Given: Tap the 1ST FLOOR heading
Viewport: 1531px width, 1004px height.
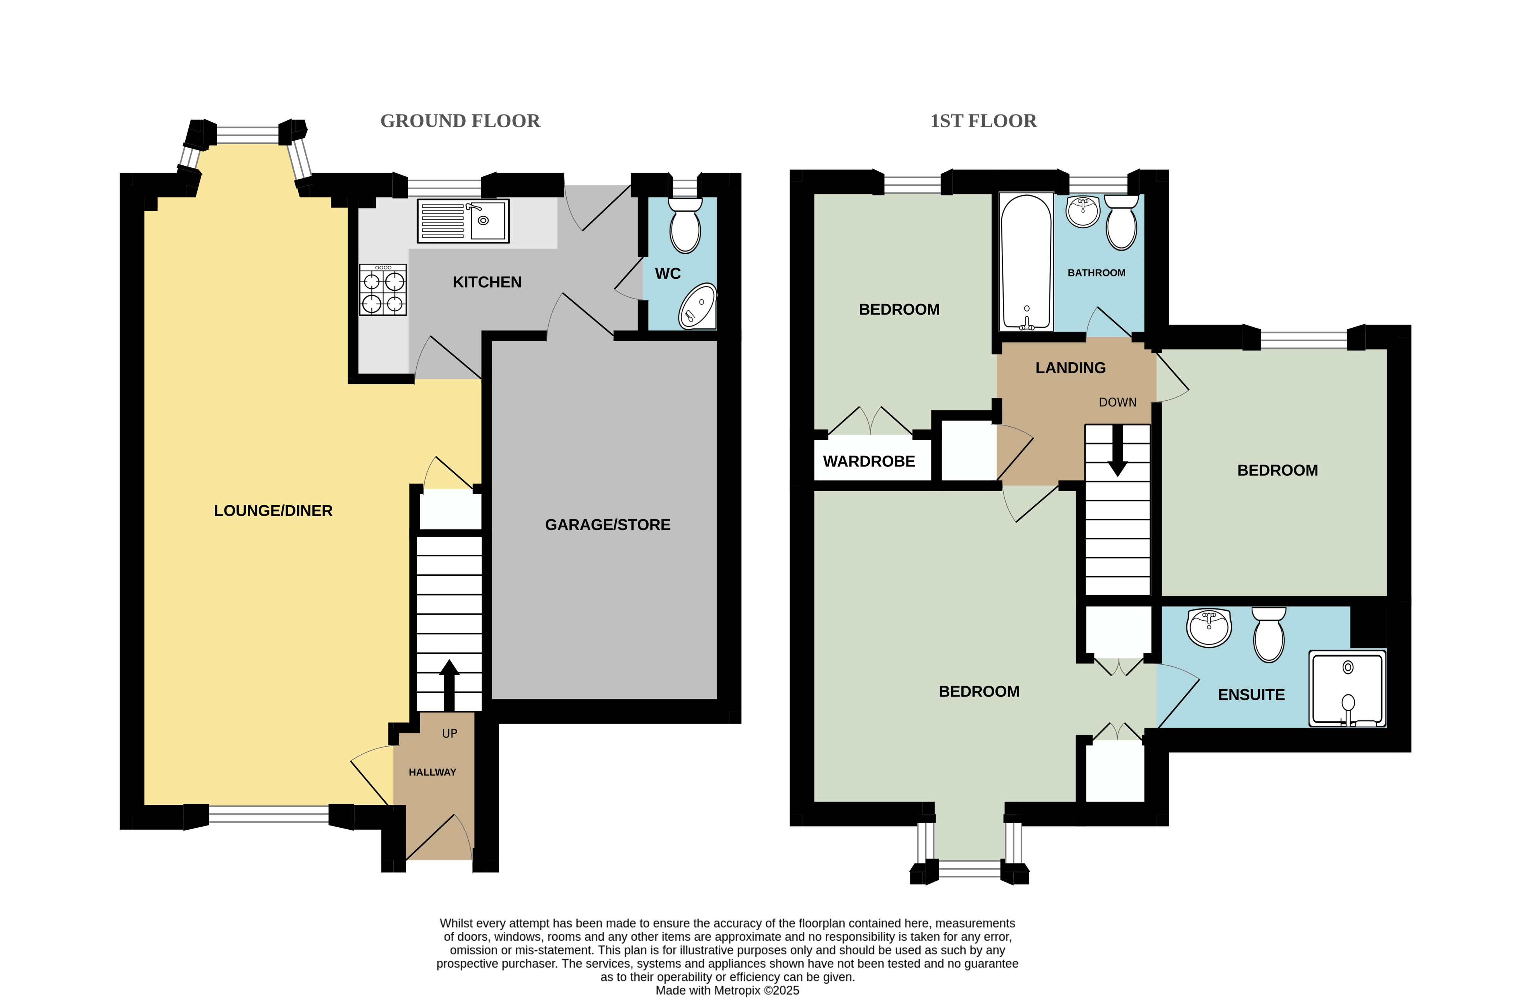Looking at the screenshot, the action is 983,121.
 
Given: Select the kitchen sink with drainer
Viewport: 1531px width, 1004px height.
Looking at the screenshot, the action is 463,221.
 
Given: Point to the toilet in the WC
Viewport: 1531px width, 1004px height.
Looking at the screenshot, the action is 685,225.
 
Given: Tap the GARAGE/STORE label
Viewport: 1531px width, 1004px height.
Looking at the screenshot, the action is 607,525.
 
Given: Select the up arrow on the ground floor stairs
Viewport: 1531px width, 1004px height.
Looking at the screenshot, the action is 449,684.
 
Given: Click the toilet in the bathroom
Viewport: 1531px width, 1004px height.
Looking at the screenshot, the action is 1121,222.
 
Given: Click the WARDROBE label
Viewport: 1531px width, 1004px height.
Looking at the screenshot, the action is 869,461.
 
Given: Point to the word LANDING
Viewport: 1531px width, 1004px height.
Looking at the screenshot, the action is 1070,368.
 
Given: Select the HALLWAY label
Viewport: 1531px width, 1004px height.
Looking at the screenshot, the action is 432,772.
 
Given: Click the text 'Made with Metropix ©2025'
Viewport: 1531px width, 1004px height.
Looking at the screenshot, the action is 727,990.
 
